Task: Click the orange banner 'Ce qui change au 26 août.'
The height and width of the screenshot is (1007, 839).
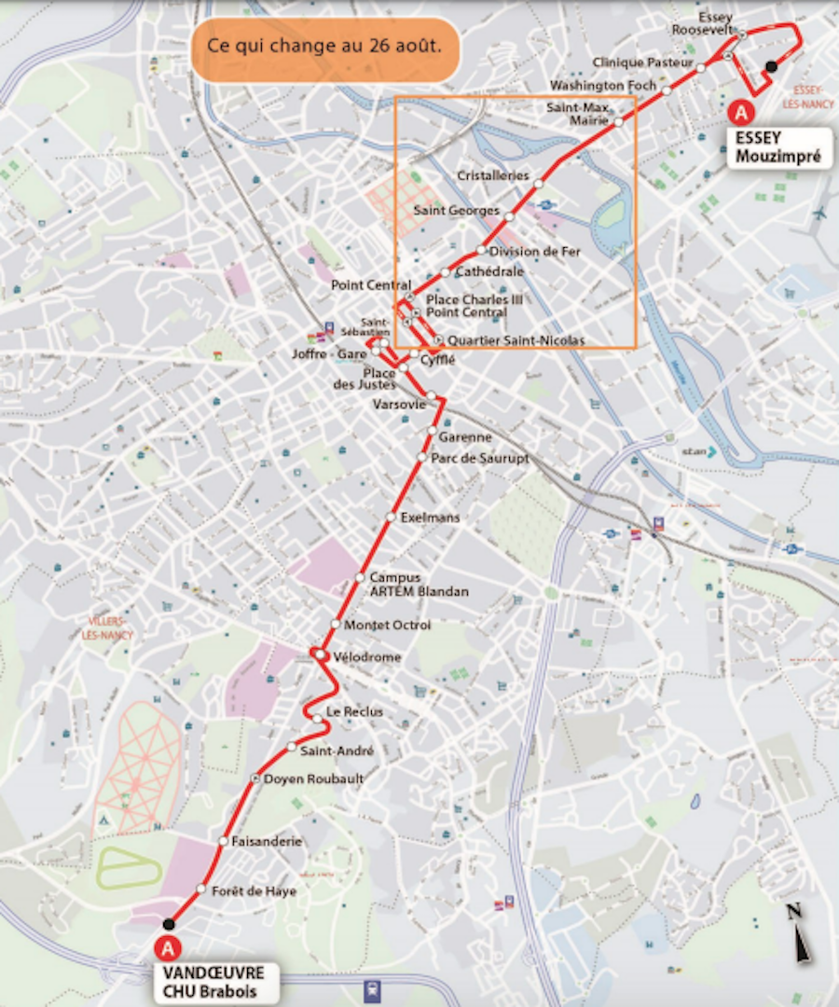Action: [325, 47]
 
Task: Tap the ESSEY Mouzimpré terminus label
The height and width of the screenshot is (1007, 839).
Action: [779, 147]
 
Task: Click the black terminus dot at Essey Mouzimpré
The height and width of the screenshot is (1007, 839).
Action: [771, 66]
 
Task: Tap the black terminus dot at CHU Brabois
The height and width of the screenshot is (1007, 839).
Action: [168, 924]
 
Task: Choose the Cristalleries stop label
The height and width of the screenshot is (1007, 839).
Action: [493, 176]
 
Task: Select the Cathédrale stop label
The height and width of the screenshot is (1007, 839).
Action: [490, 271]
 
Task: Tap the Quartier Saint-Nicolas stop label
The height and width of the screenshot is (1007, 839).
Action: [516, 341]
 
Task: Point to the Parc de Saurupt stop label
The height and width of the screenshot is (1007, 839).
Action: [480, 458]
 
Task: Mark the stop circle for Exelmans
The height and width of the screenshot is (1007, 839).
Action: [392, 517]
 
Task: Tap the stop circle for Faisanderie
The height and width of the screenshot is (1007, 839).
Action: [224, 841]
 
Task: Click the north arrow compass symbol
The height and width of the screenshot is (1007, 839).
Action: [799, 934]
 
